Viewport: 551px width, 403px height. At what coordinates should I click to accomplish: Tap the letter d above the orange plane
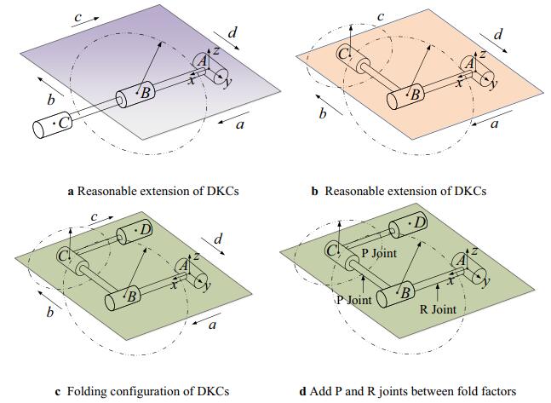499,35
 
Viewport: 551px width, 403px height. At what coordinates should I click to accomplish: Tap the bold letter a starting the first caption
71,191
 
